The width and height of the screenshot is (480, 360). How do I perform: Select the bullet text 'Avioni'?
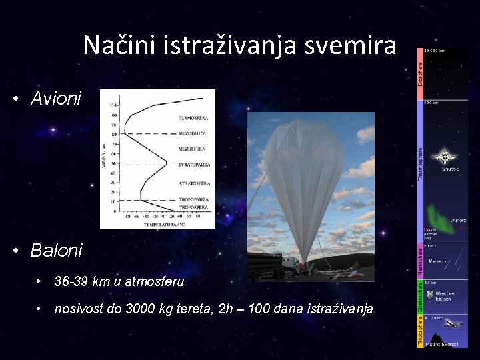55,99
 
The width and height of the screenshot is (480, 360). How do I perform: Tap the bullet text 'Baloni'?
56,251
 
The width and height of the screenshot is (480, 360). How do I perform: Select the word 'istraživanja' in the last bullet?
341,309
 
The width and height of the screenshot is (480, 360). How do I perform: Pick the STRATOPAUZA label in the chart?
193,164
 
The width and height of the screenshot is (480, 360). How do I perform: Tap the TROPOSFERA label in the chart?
194,207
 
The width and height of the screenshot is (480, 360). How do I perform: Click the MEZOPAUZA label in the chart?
192,134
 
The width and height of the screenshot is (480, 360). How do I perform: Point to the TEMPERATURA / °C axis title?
162,224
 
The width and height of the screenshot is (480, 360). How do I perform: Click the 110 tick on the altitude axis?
113,105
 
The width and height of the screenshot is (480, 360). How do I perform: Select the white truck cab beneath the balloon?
288,263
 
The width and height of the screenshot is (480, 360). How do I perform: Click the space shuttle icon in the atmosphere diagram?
443,158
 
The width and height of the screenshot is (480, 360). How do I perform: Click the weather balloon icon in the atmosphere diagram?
431,293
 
